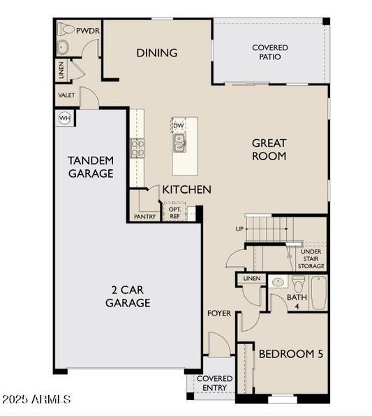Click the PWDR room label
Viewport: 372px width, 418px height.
tap(89, 31)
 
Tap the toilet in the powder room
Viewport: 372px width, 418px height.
tap(66, 30)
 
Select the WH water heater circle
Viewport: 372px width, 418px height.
tap(64, 118)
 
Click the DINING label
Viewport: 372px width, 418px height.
tap(156, 53)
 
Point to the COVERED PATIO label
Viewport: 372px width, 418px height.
tap(269, 52)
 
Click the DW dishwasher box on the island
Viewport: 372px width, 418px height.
tap(179, 126)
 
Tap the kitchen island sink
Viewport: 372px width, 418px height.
tap(180, 143)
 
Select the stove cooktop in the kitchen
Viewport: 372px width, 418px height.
tap(137, 147)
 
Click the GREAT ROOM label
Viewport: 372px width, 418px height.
tap(269, 150)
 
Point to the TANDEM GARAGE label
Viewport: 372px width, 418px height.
tap(91, 167)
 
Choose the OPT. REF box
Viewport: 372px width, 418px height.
tap(174, 212)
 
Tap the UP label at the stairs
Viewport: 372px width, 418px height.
tap(239, 228)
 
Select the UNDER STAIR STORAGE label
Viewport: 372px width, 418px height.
tap(311, 258)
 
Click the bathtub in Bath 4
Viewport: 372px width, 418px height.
tap(318, 293)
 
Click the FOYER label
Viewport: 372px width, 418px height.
tap(218, 313)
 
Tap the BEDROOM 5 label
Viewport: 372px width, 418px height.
tap(290, 354)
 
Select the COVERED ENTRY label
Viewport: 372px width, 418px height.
tap(214, 383)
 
